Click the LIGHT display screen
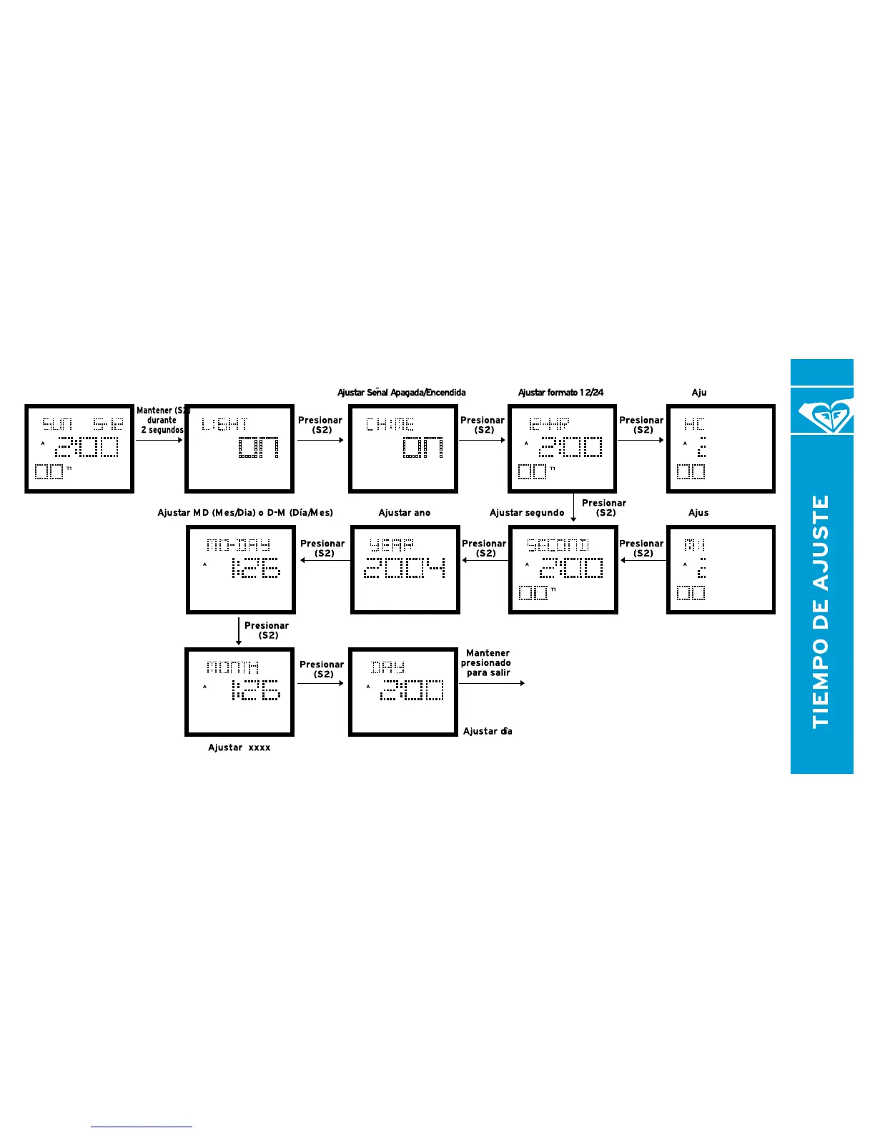tap(239, 448)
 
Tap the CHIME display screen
tap(403, 448)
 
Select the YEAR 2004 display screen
tap(405, 569)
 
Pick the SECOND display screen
tap(563, 569)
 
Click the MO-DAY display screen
tap(241, 569)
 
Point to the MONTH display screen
tap(239, 692)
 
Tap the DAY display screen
tap(403, 692)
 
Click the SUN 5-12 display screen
tap(79, 448)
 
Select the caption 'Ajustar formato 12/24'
tap(560, 393)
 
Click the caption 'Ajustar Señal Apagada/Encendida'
tap(402, 393)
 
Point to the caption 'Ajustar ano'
tap(405, 513)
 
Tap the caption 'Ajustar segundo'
tap(527, 513)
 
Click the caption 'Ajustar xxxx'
tap(239, 747)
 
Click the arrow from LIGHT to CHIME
tap(320, 440)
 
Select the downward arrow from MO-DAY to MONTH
tap(239, 631)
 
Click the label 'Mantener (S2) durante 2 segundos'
tap(162, 421)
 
